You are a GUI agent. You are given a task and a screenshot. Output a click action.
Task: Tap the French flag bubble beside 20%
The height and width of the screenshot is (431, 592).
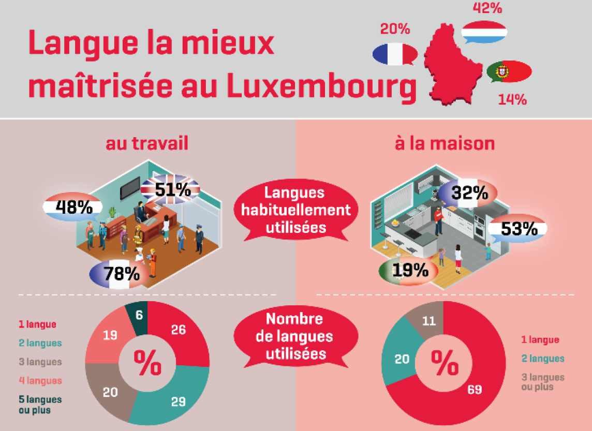point(394,54)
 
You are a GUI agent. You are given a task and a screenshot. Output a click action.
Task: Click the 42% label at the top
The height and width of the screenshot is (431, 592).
point(487,8)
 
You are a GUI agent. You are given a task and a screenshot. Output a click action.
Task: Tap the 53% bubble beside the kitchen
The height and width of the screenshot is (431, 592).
point(518,229)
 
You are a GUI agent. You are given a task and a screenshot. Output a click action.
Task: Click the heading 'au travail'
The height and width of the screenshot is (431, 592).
point(147,143)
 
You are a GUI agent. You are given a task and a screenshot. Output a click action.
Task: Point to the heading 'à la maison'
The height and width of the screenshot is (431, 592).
point(445,143)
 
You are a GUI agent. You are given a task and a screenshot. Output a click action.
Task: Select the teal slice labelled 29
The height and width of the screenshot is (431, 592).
point(176,398)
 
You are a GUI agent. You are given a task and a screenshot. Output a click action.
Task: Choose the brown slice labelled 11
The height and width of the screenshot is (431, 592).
point(427,321)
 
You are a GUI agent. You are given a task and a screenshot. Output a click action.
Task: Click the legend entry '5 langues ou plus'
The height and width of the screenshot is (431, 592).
point(39,405)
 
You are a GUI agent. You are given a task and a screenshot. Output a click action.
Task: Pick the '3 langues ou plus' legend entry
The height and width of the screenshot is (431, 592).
point(542,382)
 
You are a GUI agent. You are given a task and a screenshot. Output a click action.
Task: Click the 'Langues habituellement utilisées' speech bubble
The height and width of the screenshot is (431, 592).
point(294,210)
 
